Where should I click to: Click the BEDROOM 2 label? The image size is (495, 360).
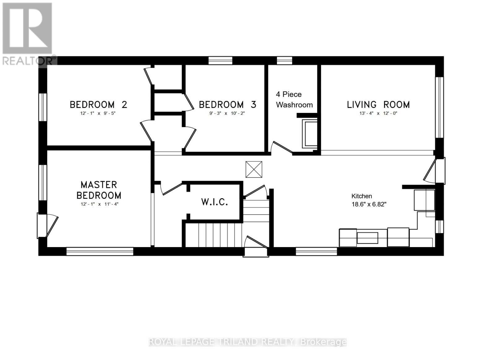(x=98, y=105)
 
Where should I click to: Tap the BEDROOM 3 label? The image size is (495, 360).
(x=227, y=105)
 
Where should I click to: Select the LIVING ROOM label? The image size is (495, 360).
(x=378, y=105)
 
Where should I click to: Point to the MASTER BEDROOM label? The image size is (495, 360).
(x=99, y=190)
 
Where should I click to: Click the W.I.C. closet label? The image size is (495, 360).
(x=214, y=202)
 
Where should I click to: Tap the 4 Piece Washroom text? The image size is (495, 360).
(x=294, y=100)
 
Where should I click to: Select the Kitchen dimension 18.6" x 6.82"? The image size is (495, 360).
(x=369, y=204)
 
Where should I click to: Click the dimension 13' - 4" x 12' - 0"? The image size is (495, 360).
(x=378, y=114)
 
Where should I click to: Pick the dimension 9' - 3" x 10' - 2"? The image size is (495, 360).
(x=227, y=114)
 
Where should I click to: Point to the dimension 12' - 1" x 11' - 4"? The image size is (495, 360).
(x=99, y=204)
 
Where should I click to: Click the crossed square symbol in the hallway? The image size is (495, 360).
(x=254, y=169)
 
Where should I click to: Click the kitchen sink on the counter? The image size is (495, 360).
(x=367, y=238)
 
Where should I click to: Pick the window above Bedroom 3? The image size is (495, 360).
(x=220, y=60)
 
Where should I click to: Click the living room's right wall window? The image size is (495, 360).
(x=439, y=107)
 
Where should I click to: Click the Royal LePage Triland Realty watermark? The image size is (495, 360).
(x=247, y=342)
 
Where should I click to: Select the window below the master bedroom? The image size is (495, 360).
(x=100, y=251)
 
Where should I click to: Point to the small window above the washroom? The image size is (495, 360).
(x=284, y=60)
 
